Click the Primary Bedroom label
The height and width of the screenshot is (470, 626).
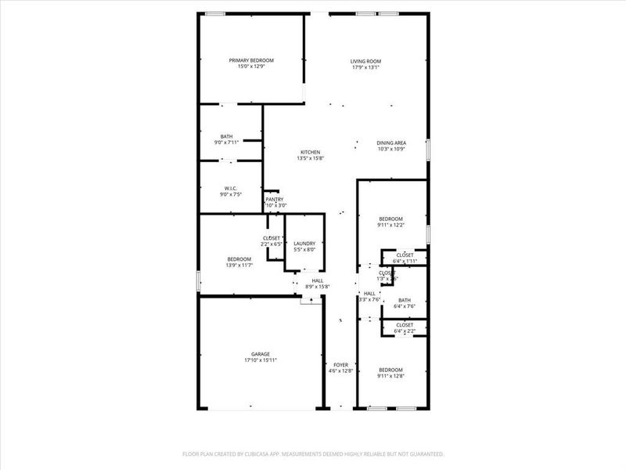click(251, 60)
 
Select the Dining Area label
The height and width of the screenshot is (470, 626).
click(391, 143)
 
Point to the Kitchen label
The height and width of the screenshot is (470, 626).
click(311, 152)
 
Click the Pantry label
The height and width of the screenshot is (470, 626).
click(274, 199)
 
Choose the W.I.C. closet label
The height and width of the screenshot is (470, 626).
click(230, 188)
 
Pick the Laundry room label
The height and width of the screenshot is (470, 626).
click(304, 244)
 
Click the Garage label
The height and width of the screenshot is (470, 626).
click(261, 354)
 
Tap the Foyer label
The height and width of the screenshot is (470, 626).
click(340, 365)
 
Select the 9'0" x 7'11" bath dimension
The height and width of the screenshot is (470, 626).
click(227, 143)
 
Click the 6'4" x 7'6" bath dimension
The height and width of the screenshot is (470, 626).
click(405, 305)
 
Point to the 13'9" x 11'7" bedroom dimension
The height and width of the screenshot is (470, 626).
click(239, 265)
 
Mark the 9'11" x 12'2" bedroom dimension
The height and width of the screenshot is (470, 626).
click(391, 225)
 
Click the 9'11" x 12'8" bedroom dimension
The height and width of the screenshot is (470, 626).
click(391, 376)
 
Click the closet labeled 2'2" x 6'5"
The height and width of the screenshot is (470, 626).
click(272, 244)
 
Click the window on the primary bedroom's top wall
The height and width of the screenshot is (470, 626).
click(216, 13)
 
